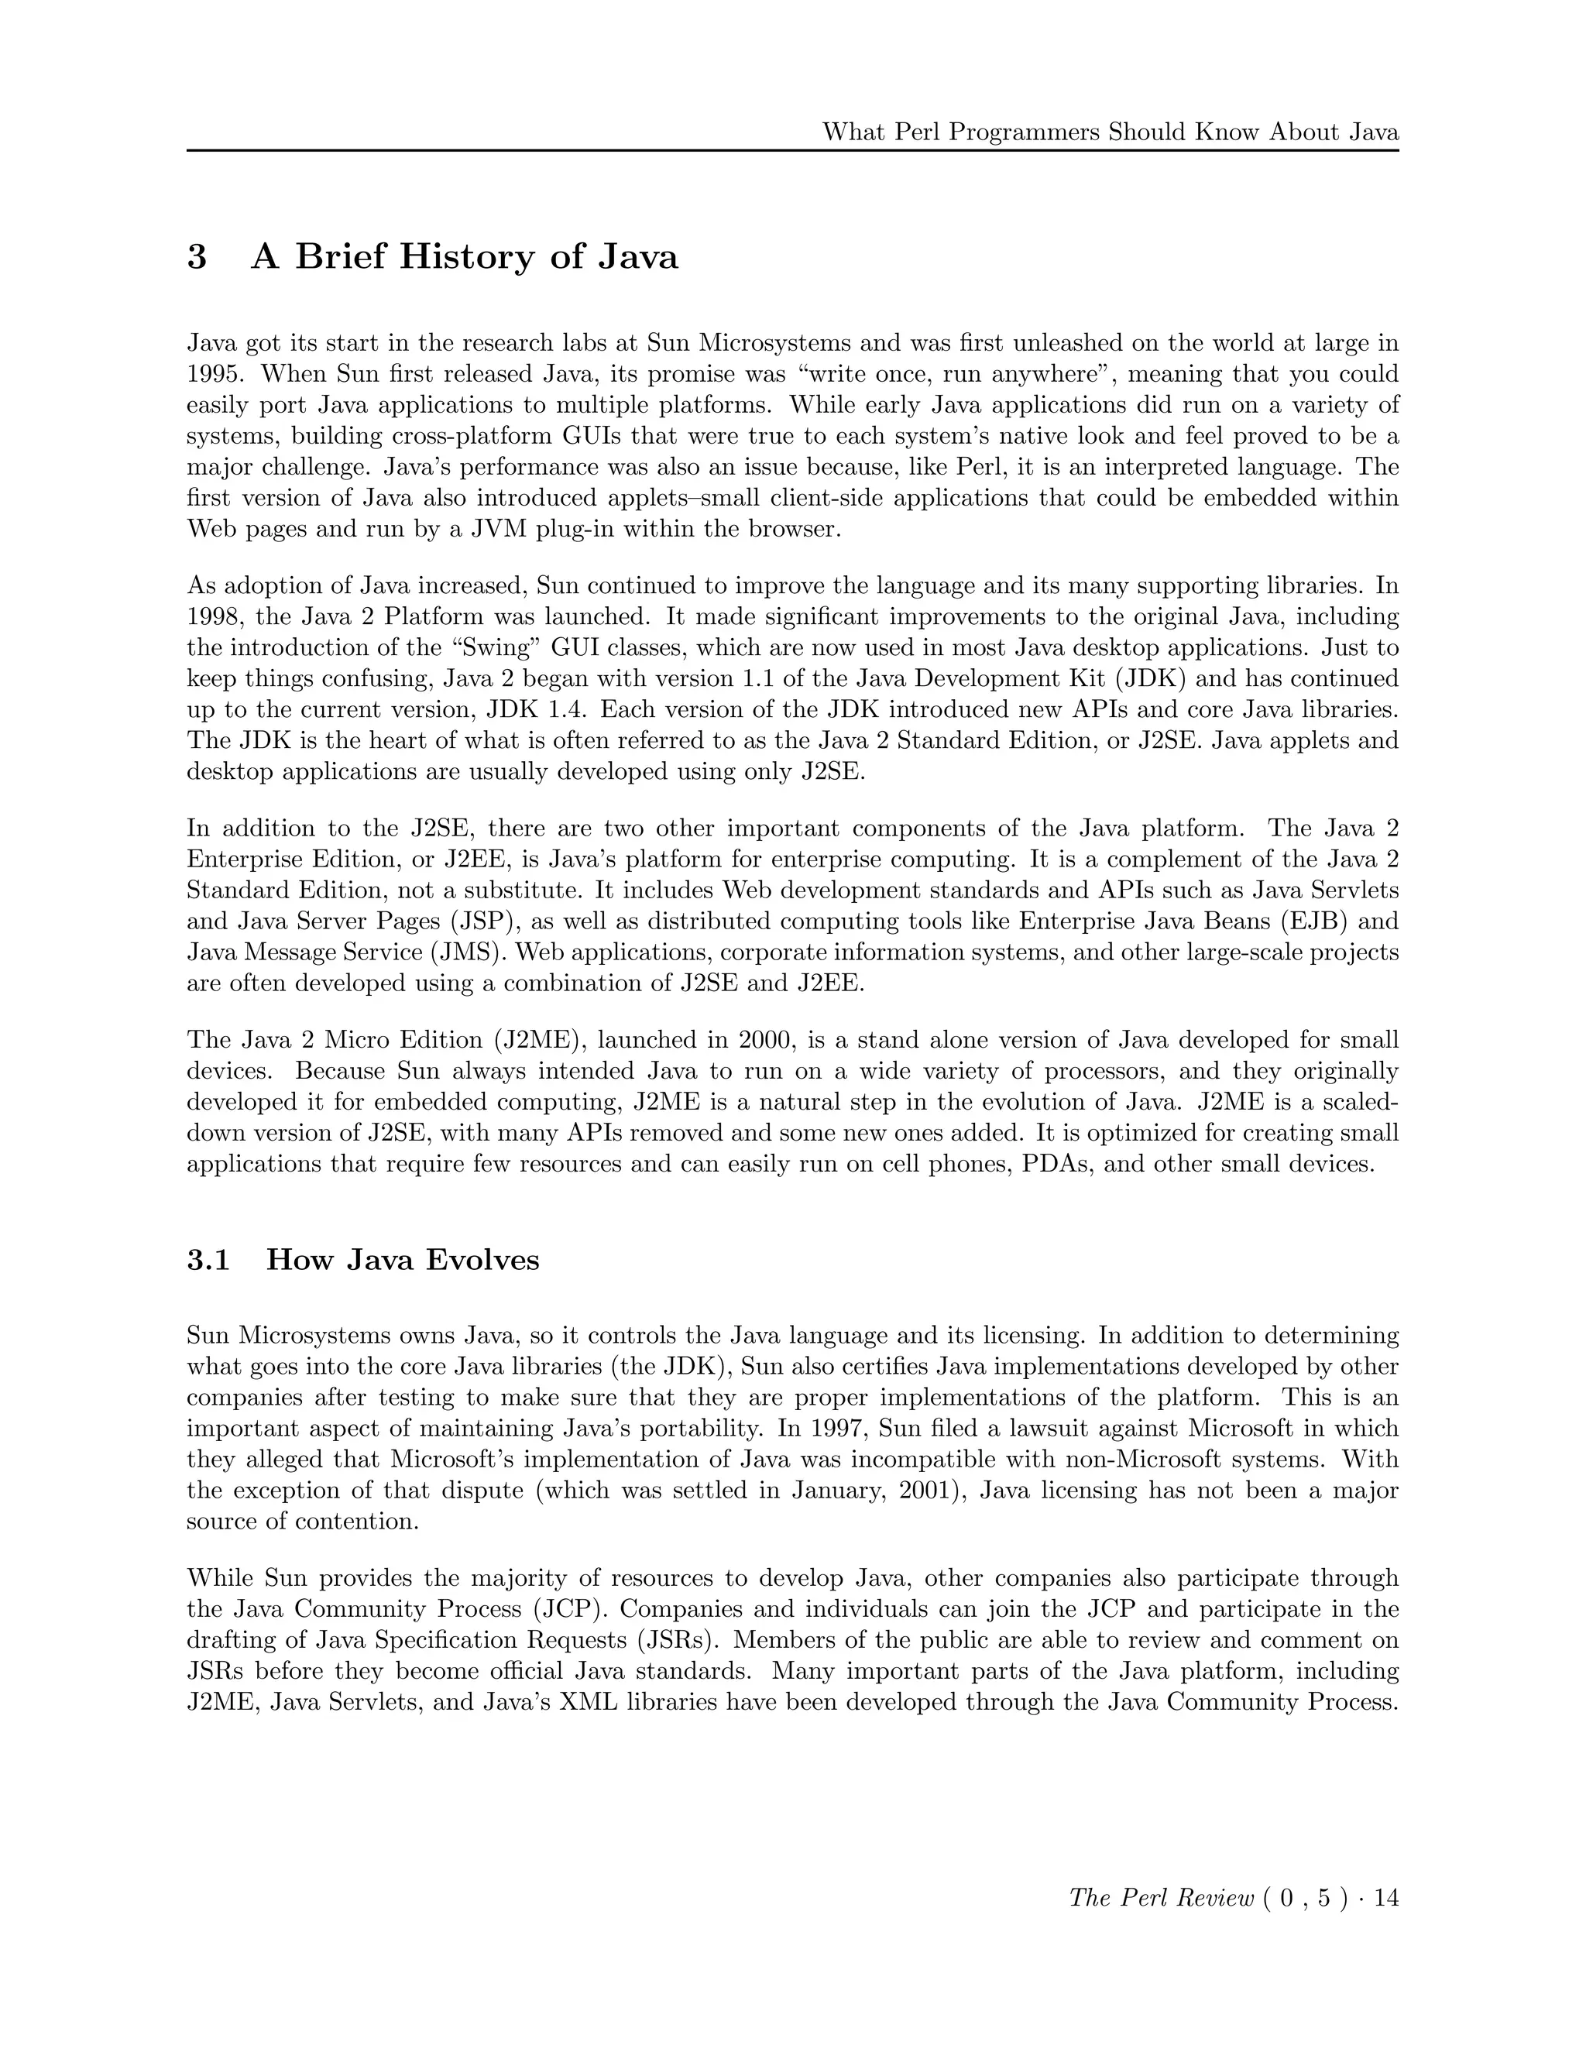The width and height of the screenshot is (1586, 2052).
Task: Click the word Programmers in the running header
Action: tap(1027, 132)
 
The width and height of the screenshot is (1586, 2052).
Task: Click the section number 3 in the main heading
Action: tap(197, 256)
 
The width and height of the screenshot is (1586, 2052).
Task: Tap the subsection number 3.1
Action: tap(208, 1260)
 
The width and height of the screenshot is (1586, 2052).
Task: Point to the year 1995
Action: tap(215, 375)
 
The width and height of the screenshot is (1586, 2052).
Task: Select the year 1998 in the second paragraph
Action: tap(215, 617)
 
